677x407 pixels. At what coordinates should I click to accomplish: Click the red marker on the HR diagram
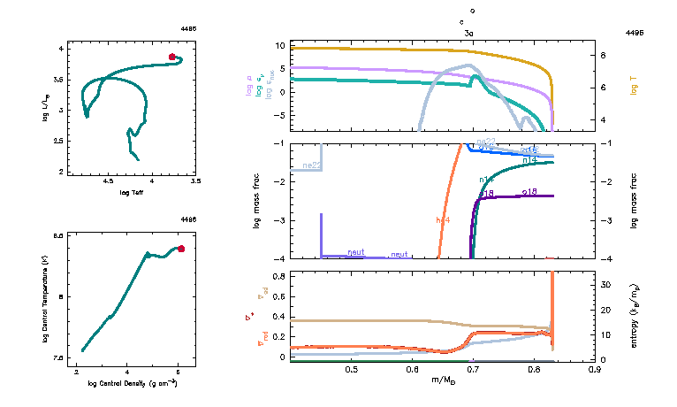tap(172, 57)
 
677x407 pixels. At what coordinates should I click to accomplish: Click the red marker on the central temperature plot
tap(181, 249)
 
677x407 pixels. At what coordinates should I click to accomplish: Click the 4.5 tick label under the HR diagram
tap(109, 181)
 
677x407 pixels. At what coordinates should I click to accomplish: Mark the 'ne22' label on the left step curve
tap(310, 165)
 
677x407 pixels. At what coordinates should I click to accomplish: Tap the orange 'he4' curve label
tap(443, 219)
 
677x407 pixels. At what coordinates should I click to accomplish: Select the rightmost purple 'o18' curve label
tap(530, 191)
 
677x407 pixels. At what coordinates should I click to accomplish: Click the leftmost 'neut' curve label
tap(356, 252)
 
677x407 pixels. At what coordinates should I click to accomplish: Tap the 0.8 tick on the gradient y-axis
tap(278, 276)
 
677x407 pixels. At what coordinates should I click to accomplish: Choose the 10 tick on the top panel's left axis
tap(278, 45)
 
